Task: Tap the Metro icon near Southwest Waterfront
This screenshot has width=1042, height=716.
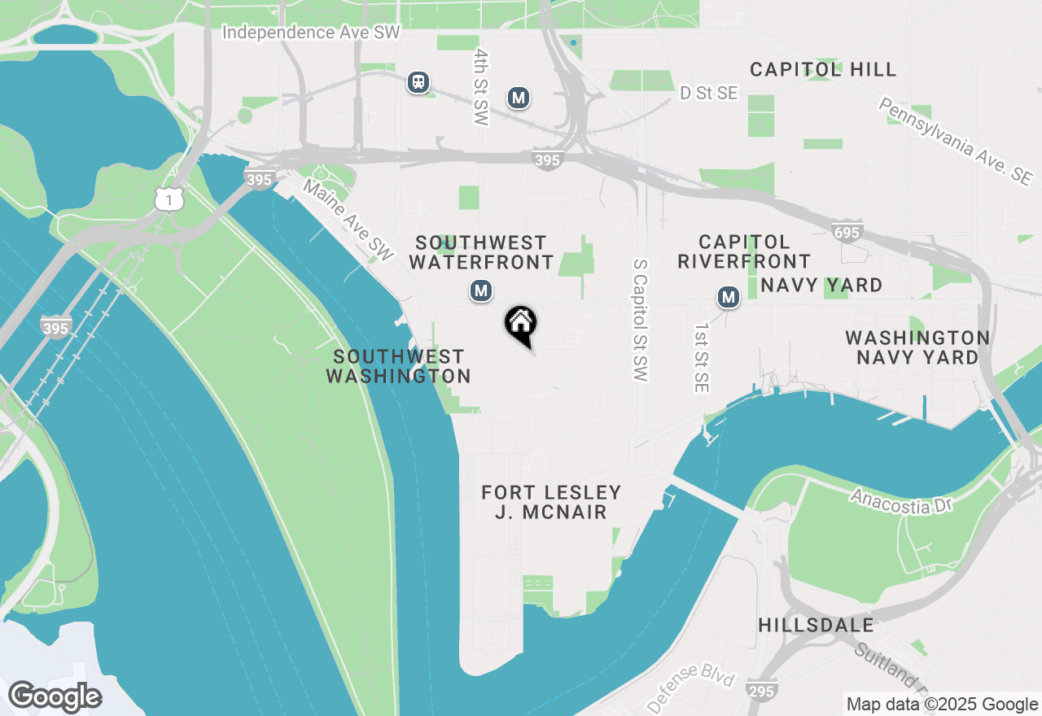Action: pyautogui.click(x=481, y=290)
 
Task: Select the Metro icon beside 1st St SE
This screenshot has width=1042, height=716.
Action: pyautogui.click(x=729, y=298)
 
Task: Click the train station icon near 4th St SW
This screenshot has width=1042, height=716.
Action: pyautogui.click(x=418, y=81)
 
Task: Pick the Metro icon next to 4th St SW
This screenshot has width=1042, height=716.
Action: pyautogui.click(x=519, y=98)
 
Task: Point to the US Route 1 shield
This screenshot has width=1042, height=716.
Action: pyautogui.click(x=169, y=198)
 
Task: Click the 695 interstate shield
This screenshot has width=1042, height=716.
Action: pyautogui.click(x=847, y=234)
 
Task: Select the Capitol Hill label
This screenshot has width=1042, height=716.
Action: pyautogui.click(x=823, y=70)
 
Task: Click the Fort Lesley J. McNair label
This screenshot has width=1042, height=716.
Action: pyautogui.click(x=551, y=502)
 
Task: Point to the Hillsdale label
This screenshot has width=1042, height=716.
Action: pyautogui.click(x=816, y=625)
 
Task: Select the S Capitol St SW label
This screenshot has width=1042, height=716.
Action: pyautogui.click(x=640, y=321)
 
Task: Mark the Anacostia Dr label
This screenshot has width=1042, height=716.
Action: pyautogui.click(x=901, y=501)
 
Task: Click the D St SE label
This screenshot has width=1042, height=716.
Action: pyautogui.click(x=708, y=94)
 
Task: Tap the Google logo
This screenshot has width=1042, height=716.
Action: pyautogui.click(x=55, y=697)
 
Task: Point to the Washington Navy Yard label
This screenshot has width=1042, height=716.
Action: pyautogui.click(x=917, y=347)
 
